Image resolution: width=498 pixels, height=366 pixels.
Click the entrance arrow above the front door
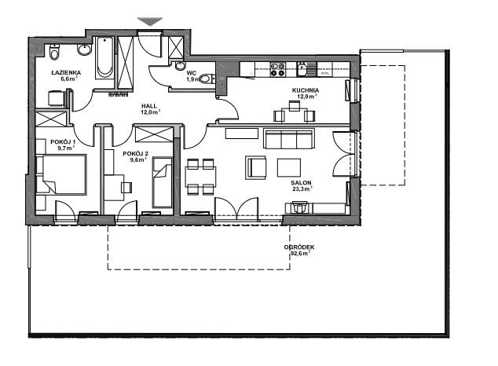pos(150,21)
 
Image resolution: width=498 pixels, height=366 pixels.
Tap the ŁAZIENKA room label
pos(66,73)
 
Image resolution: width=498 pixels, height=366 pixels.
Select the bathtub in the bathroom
pos(104,57)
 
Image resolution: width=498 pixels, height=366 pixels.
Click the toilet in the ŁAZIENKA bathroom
pos(55,53)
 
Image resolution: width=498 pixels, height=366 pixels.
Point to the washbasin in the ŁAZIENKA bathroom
pos(84,49)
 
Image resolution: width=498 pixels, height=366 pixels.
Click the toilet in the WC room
pos(207,79)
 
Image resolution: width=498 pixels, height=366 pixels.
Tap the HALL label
pos(149,106)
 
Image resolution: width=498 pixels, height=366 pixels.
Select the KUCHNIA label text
pos(306,90)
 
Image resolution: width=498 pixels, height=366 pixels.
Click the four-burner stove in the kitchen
pos(277,69)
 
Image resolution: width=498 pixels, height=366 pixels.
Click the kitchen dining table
pos(295,114)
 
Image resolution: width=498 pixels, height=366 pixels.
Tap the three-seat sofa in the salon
pos(289,139)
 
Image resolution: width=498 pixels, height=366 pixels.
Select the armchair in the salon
pos(255,167)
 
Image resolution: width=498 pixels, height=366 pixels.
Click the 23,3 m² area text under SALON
pos(302,188)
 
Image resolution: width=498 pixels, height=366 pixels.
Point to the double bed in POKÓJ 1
pos(61,174)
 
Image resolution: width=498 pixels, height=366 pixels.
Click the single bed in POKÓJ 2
pos(163,182)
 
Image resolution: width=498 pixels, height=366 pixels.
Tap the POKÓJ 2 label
pos(136,154)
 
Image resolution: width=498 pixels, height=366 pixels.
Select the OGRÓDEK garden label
pos(299,247)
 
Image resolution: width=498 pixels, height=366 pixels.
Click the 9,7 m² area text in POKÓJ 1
pos(67,148)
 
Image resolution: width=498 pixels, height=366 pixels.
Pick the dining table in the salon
pos(201,177)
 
